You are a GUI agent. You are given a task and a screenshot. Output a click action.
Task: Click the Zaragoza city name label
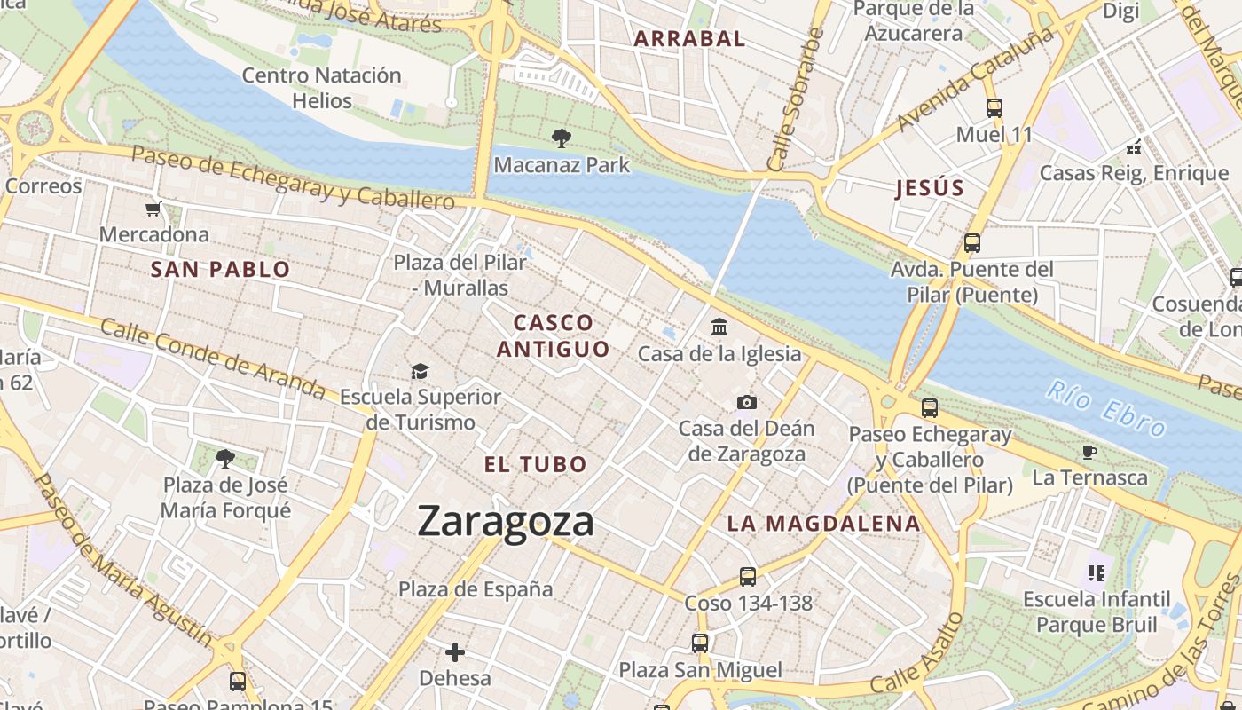coord(506,521)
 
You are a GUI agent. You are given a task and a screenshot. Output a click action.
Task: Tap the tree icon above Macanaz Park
coord(561,138)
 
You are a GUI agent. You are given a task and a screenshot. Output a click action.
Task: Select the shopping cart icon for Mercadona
coord(153,209)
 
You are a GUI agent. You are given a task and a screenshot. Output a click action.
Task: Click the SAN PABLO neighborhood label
coord(221,270)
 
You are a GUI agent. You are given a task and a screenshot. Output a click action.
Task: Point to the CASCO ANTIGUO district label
coord(553,335)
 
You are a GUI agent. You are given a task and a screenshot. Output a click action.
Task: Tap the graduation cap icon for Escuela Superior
coord(420,371)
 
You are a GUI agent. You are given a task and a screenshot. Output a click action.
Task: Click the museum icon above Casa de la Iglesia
coord(719,327)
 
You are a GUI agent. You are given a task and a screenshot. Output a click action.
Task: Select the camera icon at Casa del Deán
coord(747,403)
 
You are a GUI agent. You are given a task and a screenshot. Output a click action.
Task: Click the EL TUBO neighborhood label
coord(536,464)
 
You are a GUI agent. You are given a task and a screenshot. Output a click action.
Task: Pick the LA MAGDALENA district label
coord(824,524)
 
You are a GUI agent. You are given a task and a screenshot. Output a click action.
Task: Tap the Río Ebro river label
coord(1105,408)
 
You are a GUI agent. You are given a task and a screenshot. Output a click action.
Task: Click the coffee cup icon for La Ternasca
coord(1089,452)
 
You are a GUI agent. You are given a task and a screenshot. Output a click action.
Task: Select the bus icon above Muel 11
coord(994,108)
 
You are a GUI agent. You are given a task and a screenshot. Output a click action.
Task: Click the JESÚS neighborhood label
coord(930,188)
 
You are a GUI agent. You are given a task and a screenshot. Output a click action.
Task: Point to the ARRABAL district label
coord(689,38)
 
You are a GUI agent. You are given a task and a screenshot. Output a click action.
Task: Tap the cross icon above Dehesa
coord(455,653)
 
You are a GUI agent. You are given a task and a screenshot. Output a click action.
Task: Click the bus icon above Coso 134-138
coord(748,577)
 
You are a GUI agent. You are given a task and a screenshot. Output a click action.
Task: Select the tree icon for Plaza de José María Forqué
coord(225,459)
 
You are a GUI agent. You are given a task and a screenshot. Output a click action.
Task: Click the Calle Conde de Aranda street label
coord(213,358)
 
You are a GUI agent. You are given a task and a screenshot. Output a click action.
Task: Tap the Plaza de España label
coord(476,589)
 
